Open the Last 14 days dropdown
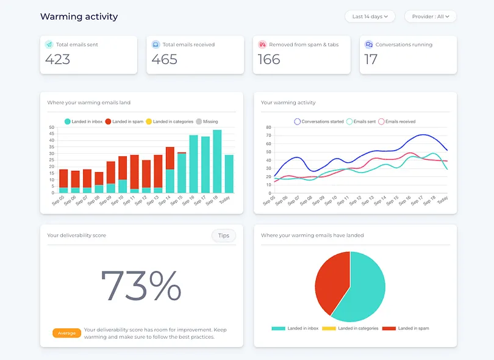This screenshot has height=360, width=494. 370,16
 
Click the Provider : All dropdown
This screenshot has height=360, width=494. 431,16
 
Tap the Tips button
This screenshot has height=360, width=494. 224,236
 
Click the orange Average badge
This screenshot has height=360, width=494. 67,333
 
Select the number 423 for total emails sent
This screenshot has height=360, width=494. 58,59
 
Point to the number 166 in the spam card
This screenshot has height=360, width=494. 269,59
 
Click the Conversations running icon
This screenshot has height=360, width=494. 368,45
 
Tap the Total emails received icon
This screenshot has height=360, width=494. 156,45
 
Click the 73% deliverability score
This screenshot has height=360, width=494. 141,286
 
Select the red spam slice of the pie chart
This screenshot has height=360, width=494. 331,281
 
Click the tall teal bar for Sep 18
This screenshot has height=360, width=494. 217,161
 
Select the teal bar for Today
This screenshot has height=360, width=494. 229,174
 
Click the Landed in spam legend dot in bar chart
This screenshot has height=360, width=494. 108,121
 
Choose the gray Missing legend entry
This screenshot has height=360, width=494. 207,121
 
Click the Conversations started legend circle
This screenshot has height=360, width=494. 297,121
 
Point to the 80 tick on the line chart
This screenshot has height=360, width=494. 268,128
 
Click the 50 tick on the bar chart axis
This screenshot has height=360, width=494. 52,128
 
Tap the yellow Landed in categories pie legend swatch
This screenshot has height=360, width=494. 329,328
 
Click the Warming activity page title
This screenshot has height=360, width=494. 79,16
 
